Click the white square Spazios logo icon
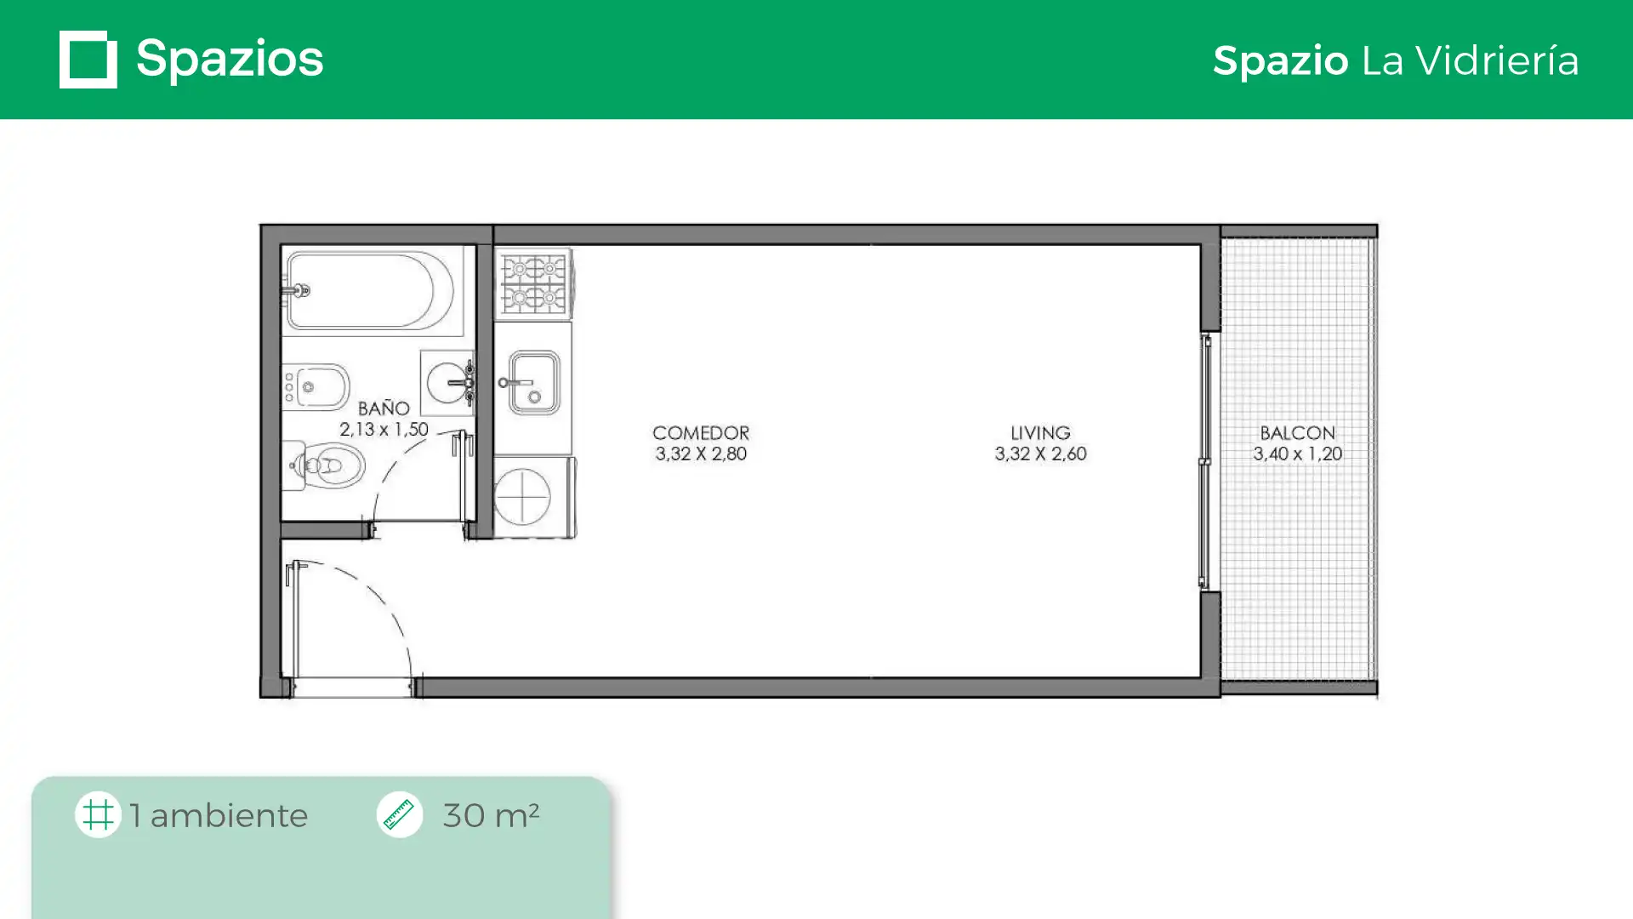click(x=88, y=60)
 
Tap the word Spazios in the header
click(x=230, y=60)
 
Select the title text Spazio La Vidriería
click(x=1396, y=60)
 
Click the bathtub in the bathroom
click(x=370, y=290)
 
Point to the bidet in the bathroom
click(x=316, y=387)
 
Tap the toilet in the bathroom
click(x=324, y=465)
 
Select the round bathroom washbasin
click(x=448, y=383)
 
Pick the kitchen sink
click(x=533, y=383)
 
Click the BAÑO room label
click(x=384, y=408)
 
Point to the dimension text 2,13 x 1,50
click(x=384, y=430)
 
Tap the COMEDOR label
click(x=701, y=433)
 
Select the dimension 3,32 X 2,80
click(x=701, y=454)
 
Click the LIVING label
click(x=1040, y=433)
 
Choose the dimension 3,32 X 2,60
click(x=1040, y=454)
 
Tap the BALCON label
click(x=1298, y=433)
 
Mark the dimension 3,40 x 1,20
click(x=1298, y=454)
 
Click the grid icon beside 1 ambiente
click(x=98, y=814)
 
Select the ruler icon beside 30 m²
click(x=400, y=814)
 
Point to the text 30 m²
click(x=491, y=815)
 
